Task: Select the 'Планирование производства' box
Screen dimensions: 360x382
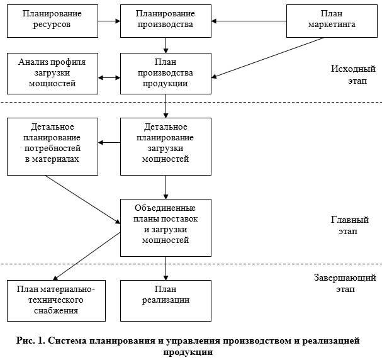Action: coord(166,20)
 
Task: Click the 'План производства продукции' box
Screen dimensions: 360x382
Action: coord(166,73)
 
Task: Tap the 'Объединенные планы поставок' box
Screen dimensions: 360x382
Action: coord(166,227)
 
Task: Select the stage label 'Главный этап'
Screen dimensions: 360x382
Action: coord(349,226)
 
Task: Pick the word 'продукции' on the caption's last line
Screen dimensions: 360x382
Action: coord(188,352)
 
